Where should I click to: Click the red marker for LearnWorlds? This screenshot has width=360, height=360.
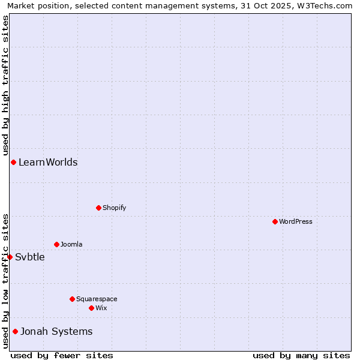click(x=13, y=163)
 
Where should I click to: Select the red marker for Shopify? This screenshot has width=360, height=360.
click(x=98, y=208)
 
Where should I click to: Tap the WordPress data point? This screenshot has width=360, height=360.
click(x=275, y=221)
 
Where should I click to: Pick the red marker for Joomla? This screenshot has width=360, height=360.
click(x=56, y=244)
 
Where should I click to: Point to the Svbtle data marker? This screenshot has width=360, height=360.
click(x=10, y=257)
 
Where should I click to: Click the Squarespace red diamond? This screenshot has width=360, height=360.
click(x=72, y=299)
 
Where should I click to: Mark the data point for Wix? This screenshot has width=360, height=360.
click(x=91, y=308)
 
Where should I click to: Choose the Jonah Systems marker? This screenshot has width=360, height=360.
click(x=15, y=331)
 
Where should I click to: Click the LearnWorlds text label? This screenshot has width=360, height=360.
click(x=48, y=163)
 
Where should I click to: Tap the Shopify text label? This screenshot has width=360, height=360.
click(x=114, y=208)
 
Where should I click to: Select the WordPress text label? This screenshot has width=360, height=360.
click(x=295, y=221)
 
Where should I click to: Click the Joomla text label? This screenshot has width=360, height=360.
click(x=71, y=244)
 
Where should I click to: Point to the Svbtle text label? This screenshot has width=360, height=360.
click(x=30, y=257)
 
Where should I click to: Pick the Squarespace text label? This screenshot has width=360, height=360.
click(x=97, y=299)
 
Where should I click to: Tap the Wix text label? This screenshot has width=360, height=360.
click(x=101, y=308)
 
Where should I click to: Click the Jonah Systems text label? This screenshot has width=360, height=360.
click(x=56, y=332)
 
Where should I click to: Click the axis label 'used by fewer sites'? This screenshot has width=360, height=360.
click(x=62, y=355)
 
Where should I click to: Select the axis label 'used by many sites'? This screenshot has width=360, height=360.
click(x=301, y=355)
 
